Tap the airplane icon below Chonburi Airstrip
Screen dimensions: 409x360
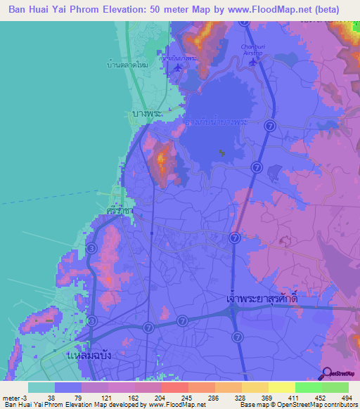252,61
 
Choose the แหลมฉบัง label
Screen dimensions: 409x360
89,356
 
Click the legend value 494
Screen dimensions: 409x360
348,398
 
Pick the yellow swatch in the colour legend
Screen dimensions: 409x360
282,387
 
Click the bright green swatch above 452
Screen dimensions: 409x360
309,387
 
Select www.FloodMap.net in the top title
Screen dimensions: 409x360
259,10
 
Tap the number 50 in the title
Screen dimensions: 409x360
139,10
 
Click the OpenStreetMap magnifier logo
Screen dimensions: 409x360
327,372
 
